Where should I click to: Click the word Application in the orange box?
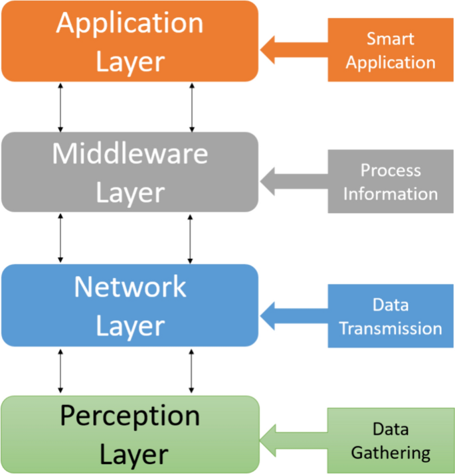click(130, 23)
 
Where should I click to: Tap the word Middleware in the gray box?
click(130, 154)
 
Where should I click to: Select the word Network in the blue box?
click(130, 287)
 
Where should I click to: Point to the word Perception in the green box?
click(130, 416)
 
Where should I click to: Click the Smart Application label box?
click(391, 50)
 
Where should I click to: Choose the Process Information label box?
click(391, 182)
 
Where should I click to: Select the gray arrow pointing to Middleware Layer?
click(292, 180)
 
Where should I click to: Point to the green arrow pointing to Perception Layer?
click(292, 440)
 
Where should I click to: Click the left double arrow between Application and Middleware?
click(61, 106)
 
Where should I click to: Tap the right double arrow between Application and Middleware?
click(192, 106)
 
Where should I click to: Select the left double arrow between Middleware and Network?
click(61, 238)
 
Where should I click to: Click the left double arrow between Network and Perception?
click(61, 370)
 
